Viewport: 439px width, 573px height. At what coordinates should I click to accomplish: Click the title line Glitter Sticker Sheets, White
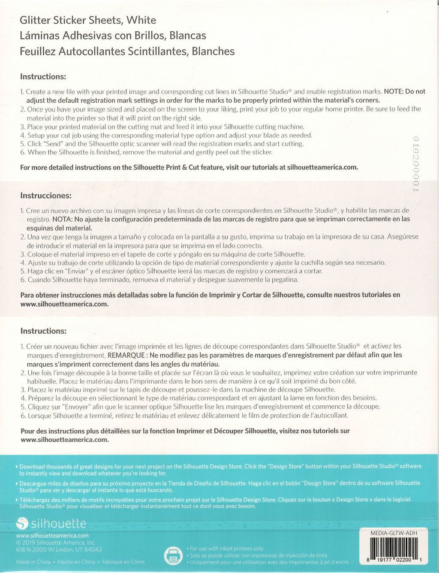click(88, 20)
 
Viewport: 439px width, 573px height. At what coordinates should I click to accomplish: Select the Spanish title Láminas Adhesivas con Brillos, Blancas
click(113, 36)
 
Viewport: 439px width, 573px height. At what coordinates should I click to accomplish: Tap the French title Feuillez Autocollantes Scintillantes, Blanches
click(127, 51)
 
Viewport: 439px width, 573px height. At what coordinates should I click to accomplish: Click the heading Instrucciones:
click(46, 196)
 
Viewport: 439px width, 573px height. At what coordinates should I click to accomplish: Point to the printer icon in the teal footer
click(173, 555)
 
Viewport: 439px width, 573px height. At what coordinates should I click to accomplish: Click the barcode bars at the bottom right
click(394, 546)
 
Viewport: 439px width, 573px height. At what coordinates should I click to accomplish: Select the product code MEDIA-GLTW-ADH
click(394, 533)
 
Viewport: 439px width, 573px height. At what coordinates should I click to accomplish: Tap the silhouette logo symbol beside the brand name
click(22, 523)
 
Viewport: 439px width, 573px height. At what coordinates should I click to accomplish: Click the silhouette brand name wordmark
click(59, 524)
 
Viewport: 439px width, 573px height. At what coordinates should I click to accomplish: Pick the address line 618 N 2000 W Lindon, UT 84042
click(59, 549)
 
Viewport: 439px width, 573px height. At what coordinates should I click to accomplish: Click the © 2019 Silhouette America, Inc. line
click(56, 543)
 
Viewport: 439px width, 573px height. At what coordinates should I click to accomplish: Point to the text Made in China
click(33, 562)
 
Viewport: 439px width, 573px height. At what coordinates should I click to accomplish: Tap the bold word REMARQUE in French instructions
click(126, 355)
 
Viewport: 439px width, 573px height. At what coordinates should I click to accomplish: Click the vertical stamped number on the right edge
click(415, 163)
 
